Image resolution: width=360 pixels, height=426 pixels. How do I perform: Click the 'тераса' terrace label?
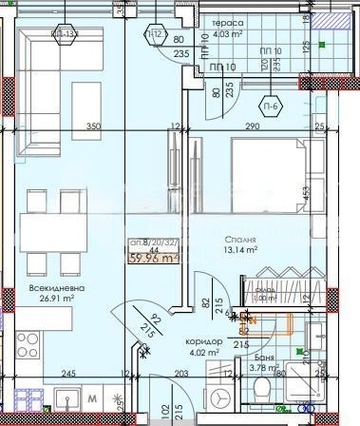(x=227, y=22)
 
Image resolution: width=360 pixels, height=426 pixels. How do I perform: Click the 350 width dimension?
(x=93, y=126)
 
